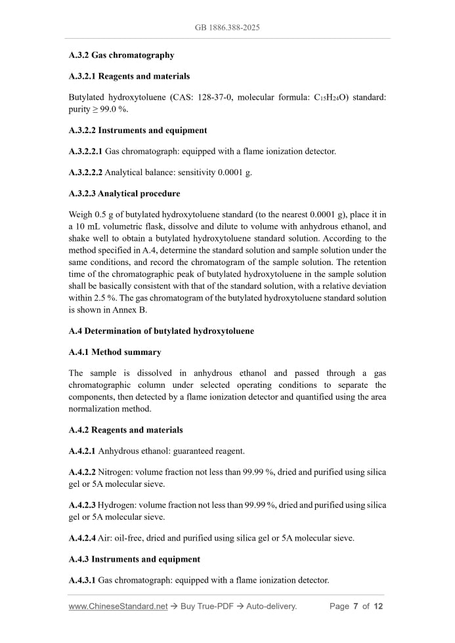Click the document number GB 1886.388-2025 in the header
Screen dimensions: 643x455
(x=227, y=28)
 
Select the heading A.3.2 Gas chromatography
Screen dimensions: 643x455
(x=121, y=55)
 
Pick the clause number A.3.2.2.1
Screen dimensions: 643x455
(x=85, y=152)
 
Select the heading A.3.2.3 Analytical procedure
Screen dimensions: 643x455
(x=124, y=194)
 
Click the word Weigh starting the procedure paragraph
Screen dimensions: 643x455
(x=81, y=215)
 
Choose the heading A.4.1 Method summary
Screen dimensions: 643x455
(x=115, y=352)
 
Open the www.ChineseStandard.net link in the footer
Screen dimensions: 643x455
(x=118, y=606)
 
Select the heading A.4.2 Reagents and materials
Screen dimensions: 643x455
(x=125, y=430)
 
